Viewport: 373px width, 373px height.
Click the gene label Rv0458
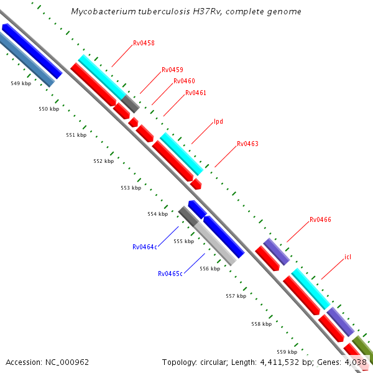tap(144, 44)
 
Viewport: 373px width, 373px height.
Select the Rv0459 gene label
tap(172, 70)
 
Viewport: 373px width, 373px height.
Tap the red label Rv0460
tap(184, 81)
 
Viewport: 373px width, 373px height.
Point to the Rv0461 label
tap(196, 93)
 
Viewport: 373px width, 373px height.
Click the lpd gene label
tap(218, 121)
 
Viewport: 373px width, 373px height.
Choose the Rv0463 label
tap(247, 144)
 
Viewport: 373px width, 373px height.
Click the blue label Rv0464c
tap(144, 247)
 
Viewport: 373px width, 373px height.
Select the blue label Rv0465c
tap(170, 274)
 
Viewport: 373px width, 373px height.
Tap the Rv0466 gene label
tap(320, 220)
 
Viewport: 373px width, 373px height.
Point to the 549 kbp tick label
tap(21, 83)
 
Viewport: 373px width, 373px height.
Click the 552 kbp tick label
tap(104, 162)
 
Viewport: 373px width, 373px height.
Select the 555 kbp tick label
tap(183, 242)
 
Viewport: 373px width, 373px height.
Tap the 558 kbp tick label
tap(261, 325)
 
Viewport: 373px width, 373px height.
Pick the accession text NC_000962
tap(67, 362)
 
